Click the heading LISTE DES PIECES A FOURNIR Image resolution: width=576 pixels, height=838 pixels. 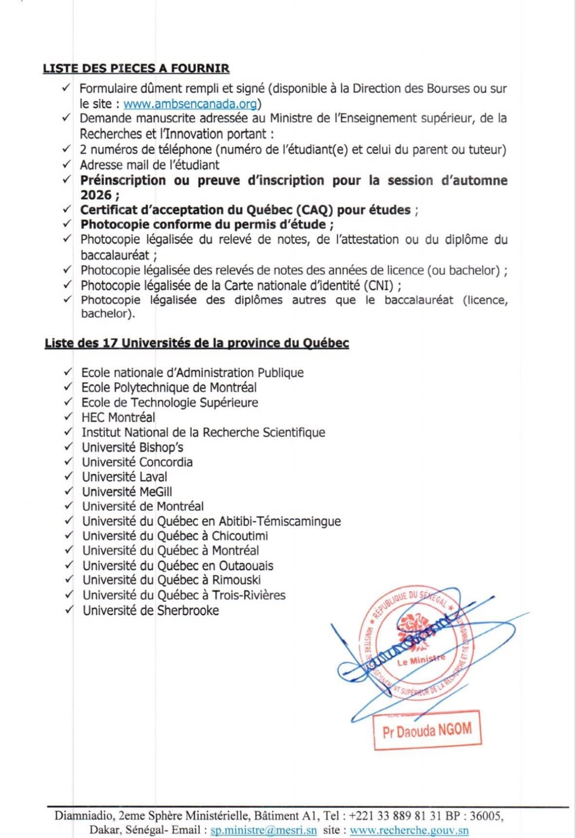[x=136, y=68]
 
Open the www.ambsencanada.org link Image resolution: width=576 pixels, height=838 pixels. [x=190, y=104]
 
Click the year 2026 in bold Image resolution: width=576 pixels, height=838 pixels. [x=96, y=195]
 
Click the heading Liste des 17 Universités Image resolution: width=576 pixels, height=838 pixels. [x=197, y=343]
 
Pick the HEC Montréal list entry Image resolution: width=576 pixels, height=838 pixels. [x=118, y=418]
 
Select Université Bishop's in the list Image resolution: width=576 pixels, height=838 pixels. [x=132, y=447]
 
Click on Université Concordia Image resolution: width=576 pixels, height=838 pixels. [x=137, y=462]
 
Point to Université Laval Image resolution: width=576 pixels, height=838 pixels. [x=125, y=477]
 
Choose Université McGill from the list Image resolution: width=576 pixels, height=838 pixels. [x=127, y=492]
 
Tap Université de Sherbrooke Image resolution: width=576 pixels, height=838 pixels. [x=150, y=610]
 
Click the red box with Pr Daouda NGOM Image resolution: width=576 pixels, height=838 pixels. [x=427, y=730]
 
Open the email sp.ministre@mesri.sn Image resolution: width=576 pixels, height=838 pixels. [x=263, y=830]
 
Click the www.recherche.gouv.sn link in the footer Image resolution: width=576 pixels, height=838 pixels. [x=409, y=830]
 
